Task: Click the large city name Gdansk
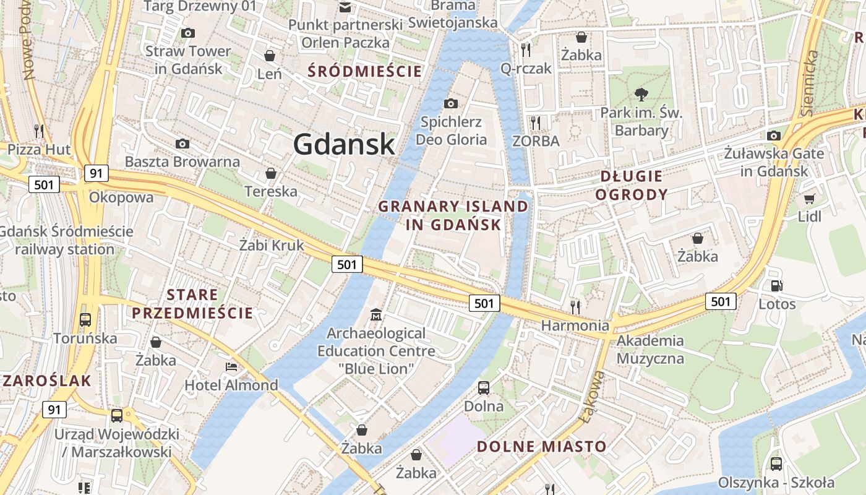tap(344, 144)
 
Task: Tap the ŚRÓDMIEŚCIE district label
tap(365, 71)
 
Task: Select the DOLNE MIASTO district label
tap(542, 446)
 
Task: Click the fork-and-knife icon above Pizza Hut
tap(39, 131)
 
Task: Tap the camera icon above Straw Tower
tap(187, 33)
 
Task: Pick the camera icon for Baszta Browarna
tap(182, 144)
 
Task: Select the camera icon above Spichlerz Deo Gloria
tap(451, 103)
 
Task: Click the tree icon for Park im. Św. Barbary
tap(641, 95)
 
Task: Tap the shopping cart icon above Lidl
tap(809, 199)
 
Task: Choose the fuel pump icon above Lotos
tap(776, 286)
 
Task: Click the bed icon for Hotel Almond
tap(231, 367)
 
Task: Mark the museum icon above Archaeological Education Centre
tap(375, 315)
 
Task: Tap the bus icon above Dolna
tap(484, 388)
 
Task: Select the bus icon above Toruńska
tap(85, 320)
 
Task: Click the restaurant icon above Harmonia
tap(575, 306)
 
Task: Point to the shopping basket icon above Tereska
tap(270, 173)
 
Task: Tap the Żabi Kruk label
tap(272, 245)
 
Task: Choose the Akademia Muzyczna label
tap(650, 349)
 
